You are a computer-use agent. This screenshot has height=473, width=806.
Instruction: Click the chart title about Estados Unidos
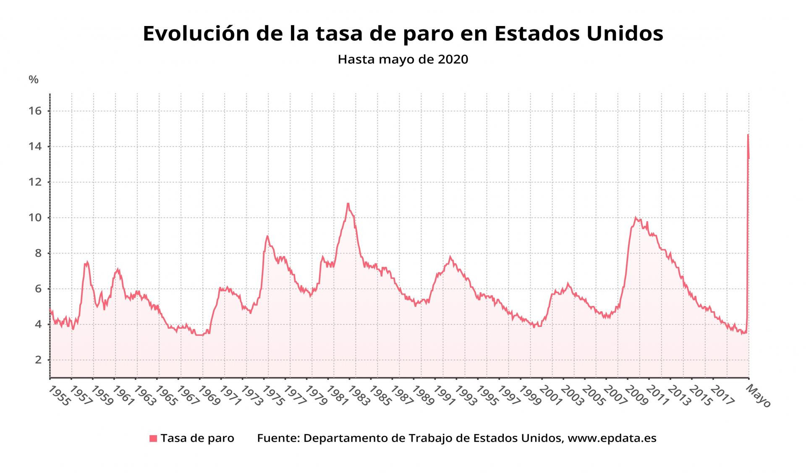[403, 34]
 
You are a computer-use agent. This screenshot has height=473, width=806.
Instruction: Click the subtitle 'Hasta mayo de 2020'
[403, 59]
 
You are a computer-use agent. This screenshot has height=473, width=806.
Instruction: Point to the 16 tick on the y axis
[35, 111]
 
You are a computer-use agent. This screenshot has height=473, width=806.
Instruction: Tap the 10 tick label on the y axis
[35, 217]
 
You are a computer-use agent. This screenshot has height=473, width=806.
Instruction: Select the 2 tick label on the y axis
[38, 360]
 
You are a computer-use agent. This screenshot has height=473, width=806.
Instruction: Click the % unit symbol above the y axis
[34, 79]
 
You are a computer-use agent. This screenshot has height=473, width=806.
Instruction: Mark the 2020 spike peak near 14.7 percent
[748, 135]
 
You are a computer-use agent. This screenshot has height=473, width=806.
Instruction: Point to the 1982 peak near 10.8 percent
[348, 204]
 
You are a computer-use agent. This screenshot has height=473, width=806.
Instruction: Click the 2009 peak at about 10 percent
[635, 217]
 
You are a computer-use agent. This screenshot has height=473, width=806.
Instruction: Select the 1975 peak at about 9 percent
[267, 236]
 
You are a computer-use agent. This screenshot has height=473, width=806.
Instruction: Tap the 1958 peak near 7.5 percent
[87, 262]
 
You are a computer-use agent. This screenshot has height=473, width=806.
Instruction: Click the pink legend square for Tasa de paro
[153, 439]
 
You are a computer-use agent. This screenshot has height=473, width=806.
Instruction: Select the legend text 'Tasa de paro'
[197, 438]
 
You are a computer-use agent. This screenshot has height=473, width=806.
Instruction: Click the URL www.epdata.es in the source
[612, 438]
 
